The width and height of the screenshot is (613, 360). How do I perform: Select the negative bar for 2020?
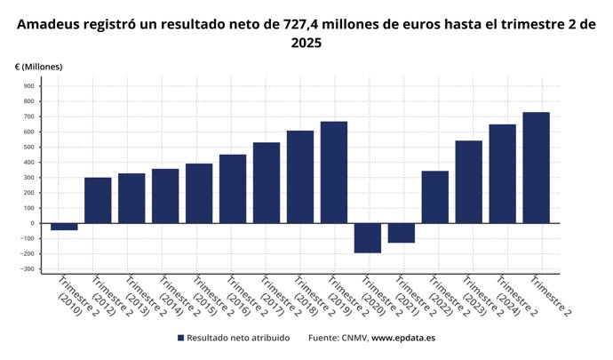(x=368, y=237)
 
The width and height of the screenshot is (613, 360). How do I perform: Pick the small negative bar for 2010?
(x=64, y=226)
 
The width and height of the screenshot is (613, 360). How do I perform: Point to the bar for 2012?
(x=98, y=200)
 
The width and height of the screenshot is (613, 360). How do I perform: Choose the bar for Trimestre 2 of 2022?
(x=435, y=196)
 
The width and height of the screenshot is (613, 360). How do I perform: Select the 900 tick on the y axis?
(x=29, y=86)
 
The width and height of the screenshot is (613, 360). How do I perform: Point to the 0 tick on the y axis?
(x=33, y=223)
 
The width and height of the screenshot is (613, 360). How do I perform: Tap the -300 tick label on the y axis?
(x=28, y=268)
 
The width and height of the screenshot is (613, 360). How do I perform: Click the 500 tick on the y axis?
(x=29, y=147)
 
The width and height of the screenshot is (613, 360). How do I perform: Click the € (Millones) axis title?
(x=39, y=67)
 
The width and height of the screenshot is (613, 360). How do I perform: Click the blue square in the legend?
(x=181, y=339)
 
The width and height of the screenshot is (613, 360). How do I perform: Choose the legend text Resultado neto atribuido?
(x=239, y=339)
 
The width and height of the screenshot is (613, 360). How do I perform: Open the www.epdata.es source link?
(x=403, y=339)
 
